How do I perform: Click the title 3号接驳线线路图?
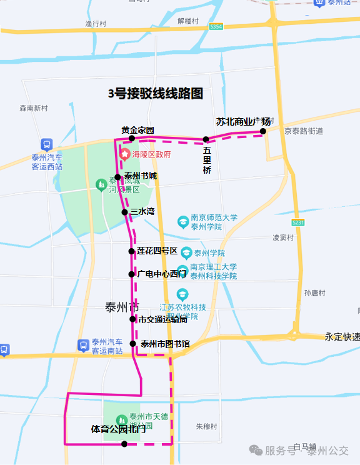coord(156,94)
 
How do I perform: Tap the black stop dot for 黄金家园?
coord(132,139)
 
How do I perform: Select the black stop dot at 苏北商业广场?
coord(263,131)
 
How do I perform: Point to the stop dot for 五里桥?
coord(206,139)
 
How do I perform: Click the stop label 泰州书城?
coord(141,176)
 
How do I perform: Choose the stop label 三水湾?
coord(142,212)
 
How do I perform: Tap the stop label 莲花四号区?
coord(157,251)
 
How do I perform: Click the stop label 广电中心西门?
coord(161,274)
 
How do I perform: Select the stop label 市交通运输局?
coord(162,319)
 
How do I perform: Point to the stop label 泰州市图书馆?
coord(165,343)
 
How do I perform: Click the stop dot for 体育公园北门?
coord(124,444)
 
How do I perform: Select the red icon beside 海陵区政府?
coord(126,154)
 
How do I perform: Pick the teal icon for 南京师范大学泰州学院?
coord(182,222)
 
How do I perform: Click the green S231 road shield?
coord(298,222)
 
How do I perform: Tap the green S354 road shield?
coord(216,27)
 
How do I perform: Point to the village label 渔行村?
coord(97,24)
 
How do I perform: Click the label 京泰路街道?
coord(303,131)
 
